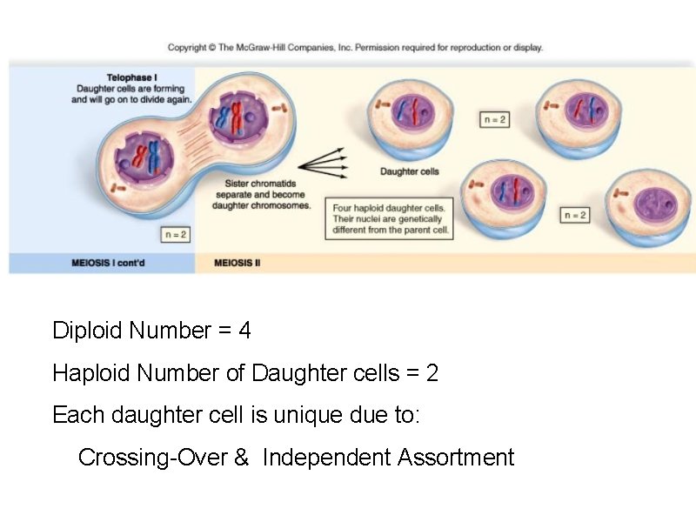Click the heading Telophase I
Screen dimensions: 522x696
coord(130,77)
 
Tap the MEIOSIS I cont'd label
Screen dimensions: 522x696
coord(108,262)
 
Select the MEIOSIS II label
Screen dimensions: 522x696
coord(238,262)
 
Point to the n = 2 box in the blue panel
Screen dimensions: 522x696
coord(175,235)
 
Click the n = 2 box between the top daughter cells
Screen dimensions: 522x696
coord(494,119)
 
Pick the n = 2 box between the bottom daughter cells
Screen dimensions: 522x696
coord(574,215)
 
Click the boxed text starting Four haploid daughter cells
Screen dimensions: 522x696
coord(388,219)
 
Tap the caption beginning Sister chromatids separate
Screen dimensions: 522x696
coord(256,194)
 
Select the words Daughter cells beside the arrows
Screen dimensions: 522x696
coord(410,171)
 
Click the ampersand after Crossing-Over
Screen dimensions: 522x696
coord(241,457)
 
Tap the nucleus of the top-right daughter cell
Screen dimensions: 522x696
coord(581,110)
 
